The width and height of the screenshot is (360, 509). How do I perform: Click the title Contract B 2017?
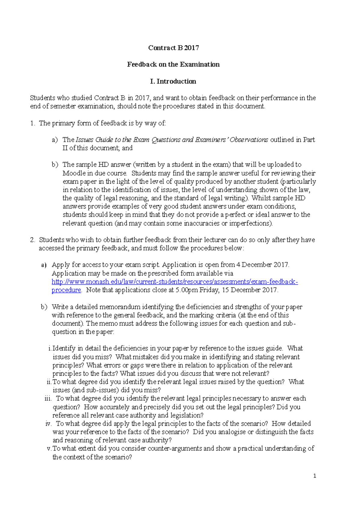[x=173, y=48]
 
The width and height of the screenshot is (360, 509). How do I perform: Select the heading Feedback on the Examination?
[x=173, y=64]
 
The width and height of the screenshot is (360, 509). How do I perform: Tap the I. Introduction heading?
[x=173, y=82]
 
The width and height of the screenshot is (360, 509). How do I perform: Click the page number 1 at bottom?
[x=314, y=476]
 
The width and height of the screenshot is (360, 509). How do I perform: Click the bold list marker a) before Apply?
[x=44, y=265]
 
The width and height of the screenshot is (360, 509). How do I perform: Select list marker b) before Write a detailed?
[x=44, y=307]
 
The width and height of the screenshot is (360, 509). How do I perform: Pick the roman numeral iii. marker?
[x=48, y=399]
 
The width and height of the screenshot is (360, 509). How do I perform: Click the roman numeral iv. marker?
[x=49, y=424]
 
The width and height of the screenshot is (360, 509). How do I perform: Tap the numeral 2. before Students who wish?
[x=33, y=240]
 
